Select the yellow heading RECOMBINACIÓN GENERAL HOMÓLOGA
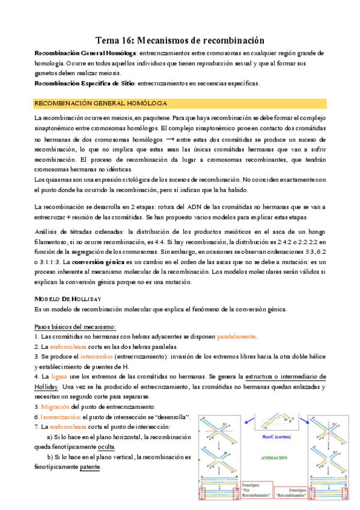[x=101, y=103]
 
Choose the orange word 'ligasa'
[x=67, y=376]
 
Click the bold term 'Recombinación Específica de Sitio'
[x=84, y=83]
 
